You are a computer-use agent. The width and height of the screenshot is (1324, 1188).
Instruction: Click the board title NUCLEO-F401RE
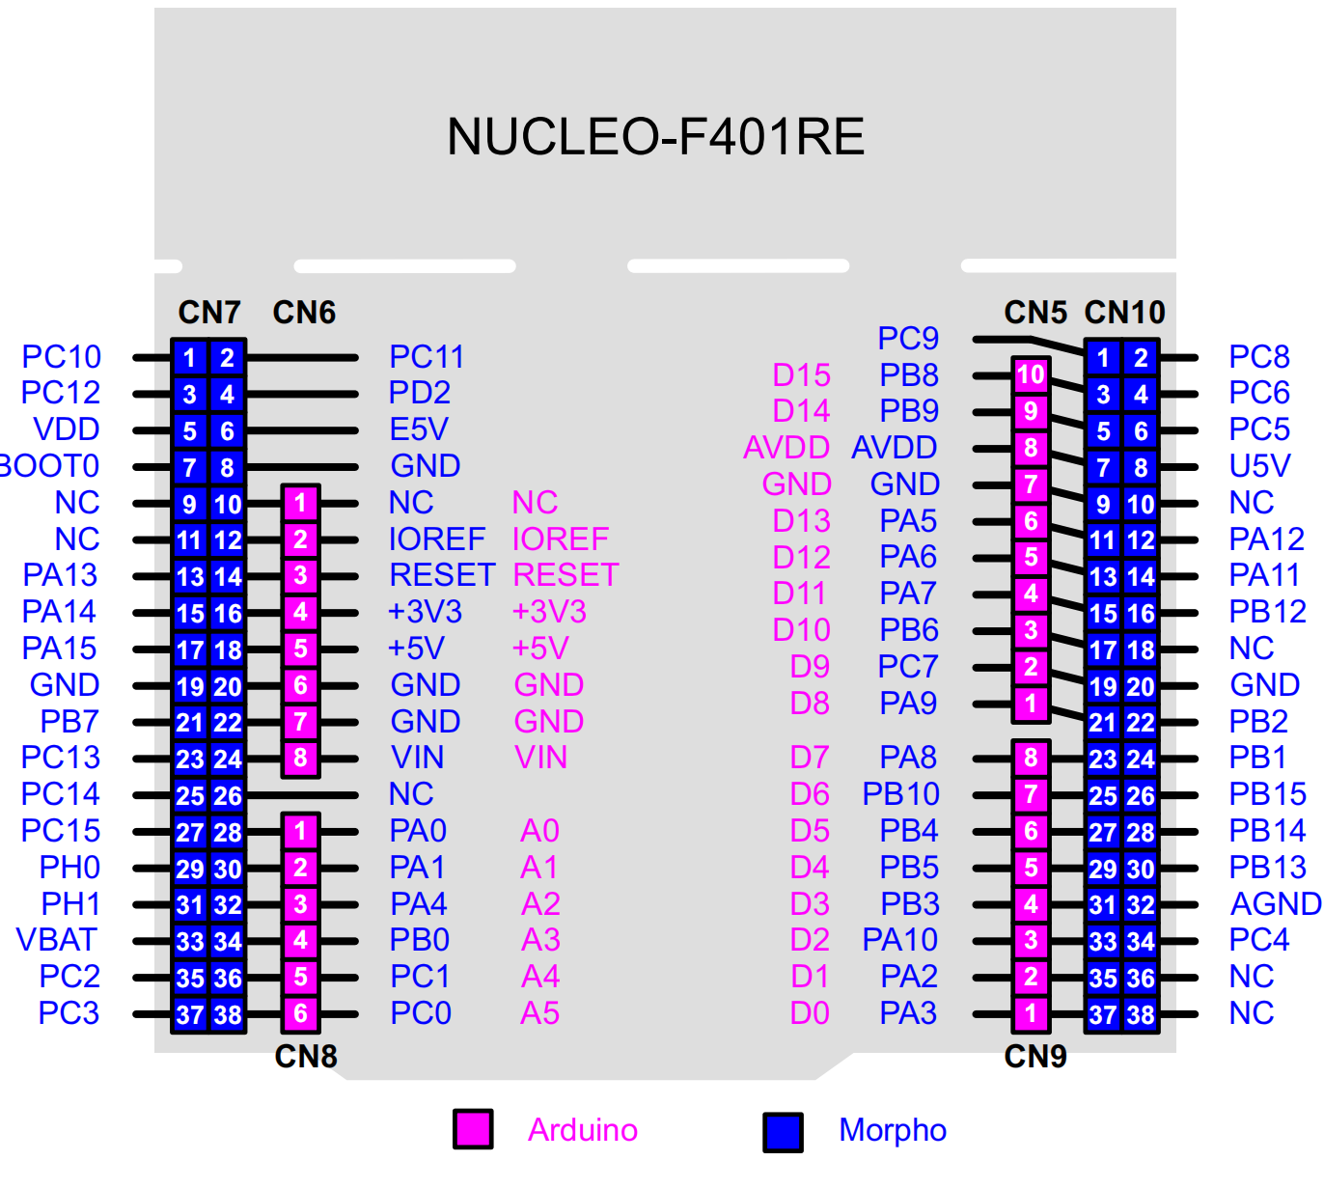(x=655, y=136)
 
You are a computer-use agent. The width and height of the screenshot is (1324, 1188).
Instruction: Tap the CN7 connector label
(x=208, y=313)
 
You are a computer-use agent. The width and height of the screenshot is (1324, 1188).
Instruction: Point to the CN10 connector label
(x=1124, y=313)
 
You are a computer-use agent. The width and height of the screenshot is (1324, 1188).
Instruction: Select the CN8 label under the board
(x=306, y=1057)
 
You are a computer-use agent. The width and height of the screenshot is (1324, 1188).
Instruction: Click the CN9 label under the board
(x=1035, y=1057)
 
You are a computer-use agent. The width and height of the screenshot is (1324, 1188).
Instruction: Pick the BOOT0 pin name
(x=48, y=466)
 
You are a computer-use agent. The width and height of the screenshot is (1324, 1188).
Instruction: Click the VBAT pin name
(x=57, y=940)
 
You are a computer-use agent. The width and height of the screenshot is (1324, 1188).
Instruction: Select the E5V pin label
(x=418, y=429)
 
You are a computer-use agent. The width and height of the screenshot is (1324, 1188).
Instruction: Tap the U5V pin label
(x=1259, y=466)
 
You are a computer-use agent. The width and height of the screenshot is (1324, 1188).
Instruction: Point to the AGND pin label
(x=1275, y=904)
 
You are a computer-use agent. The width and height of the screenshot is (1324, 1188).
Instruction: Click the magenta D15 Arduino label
(x=801, y=375)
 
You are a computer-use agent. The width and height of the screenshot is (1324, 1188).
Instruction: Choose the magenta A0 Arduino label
(x=539, y=831)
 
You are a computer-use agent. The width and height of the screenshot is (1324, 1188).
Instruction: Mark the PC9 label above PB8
(x=908, y=339)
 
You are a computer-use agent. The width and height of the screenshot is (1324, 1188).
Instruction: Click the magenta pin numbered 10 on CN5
(x=1031, y=375)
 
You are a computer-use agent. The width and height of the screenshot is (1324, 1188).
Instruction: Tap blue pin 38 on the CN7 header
(x=228, y=1014)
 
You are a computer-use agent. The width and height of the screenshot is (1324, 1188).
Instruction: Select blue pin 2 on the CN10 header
(x=1141, y=358)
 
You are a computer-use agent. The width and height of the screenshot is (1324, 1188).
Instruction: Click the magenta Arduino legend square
(x=473, y=1130)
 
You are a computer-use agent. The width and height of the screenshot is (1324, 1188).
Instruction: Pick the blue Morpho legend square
(x=783, y=1132)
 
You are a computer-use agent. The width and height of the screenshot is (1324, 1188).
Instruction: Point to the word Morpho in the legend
(x=893, y=1130)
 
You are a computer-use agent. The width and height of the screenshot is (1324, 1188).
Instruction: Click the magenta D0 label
(x=810, y=1013)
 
